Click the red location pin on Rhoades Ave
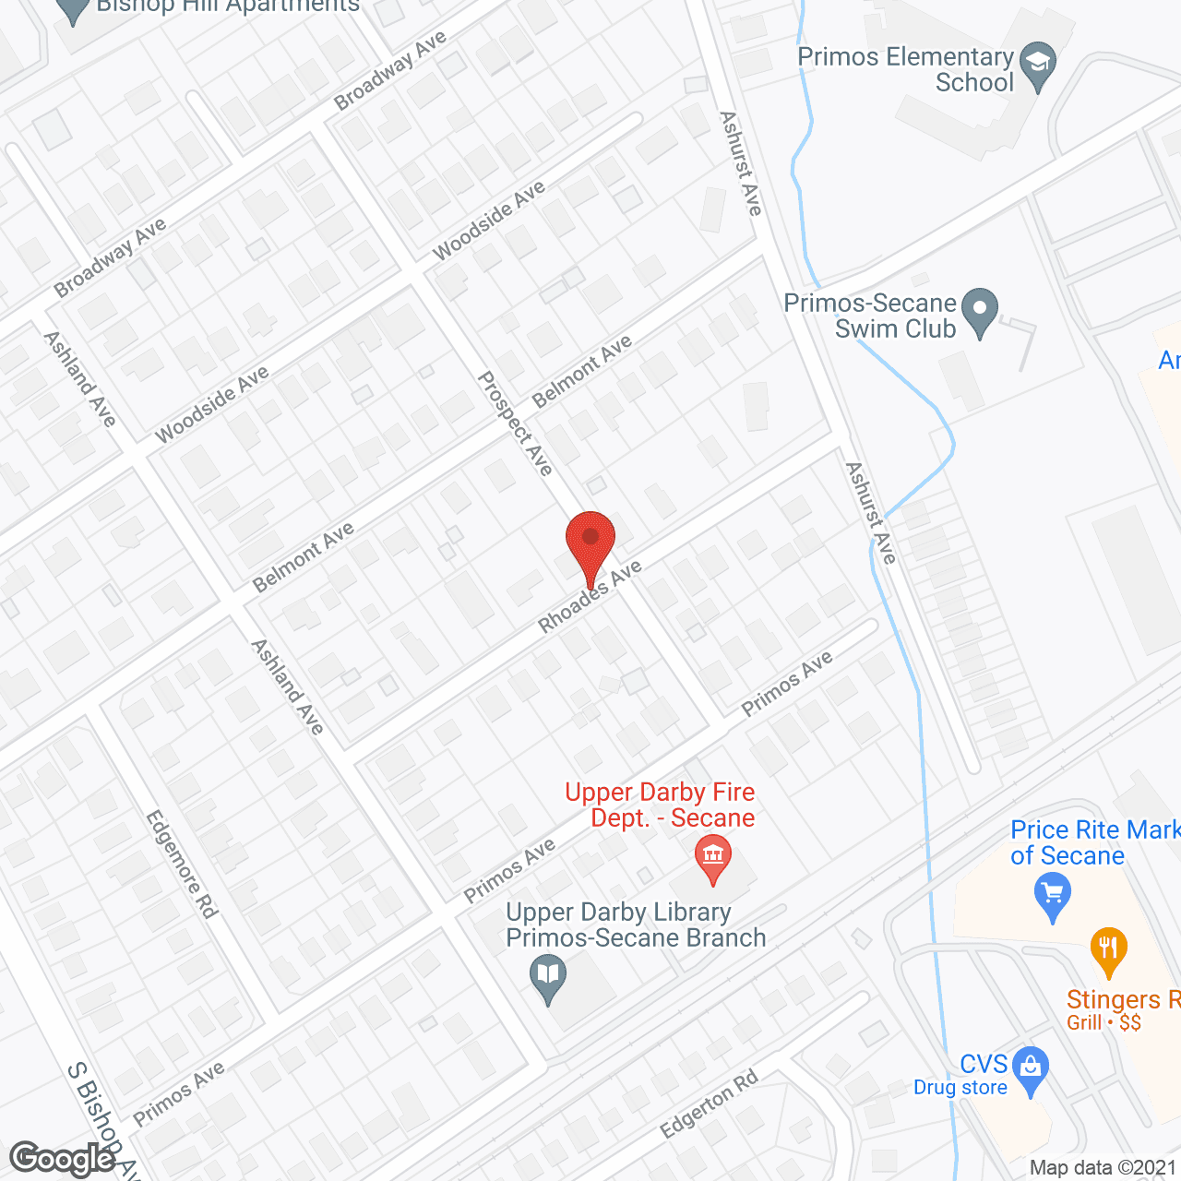pos(590,540)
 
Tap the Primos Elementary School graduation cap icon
pos(1039,66)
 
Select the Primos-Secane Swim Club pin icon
pos(980,310)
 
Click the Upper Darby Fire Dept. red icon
pos(712,855)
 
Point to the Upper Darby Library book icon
pos(548,976)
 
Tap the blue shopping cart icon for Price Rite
pos(1052,896)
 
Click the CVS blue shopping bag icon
pos(1030,1068)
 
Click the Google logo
pos(62,1159)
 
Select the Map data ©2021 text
pos(1103,1167)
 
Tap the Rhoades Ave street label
pos(590,598)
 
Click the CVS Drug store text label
pos(960,1076)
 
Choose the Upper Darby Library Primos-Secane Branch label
pos(636,925)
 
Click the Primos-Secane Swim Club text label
pos(869,316)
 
